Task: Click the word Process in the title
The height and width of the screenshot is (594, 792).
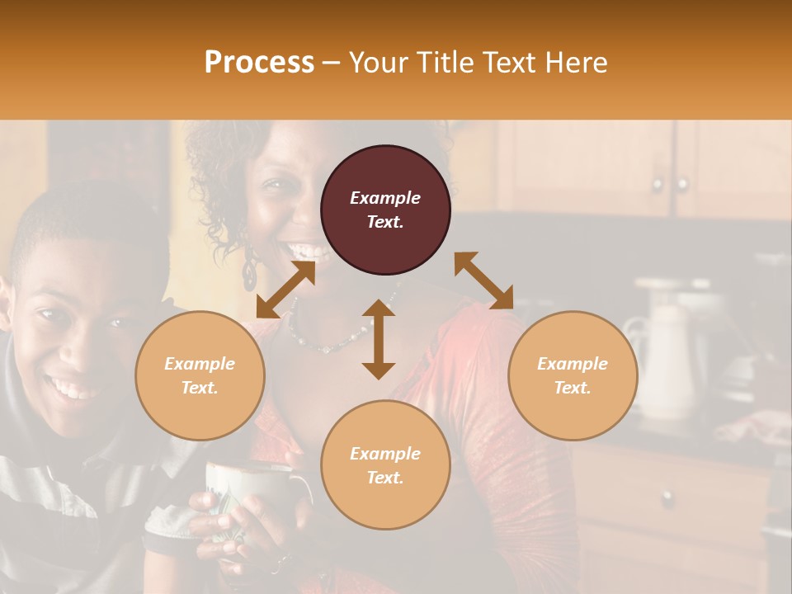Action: click(x=259, y=63)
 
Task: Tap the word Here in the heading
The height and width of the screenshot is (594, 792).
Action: click(x=575, y=63)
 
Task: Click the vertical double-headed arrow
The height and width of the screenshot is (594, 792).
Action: click(x=379, y=339)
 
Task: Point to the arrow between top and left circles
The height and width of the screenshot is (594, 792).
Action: click(x=285, y=290)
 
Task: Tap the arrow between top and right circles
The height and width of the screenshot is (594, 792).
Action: click(x=484, y=280)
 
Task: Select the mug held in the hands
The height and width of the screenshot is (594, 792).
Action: click(x=247, y=495)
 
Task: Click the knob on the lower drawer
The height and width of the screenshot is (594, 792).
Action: click(x=667, y=498)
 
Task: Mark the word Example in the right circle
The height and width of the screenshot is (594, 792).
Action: click(x=573, y=364)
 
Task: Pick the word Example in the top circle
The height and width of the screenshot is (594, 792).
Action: click(x=385, y=198)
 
